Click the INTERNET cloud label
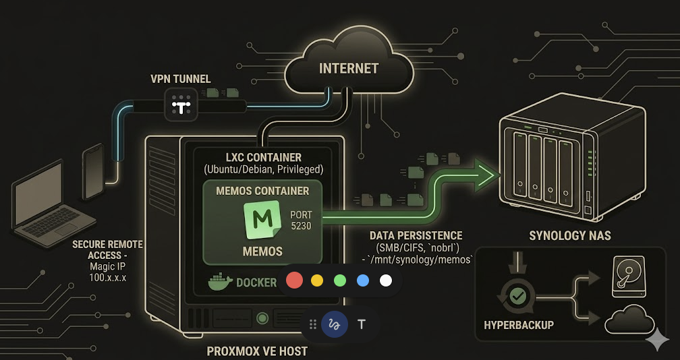pos(349,68)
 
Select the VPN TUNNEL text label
pos(171,79)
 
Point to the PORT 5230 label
pos(301,220)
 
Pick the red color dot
pos(295,280)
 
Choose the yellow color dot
pos(318,280)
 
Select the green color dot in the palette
pos(340,280)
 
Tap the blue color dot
pos(363,280)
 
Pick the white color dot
pos(385,280)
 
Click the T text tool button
pos(362,324)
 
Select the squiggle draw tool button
pos(334,324)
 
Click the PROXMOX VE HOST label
pos(256,351)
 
